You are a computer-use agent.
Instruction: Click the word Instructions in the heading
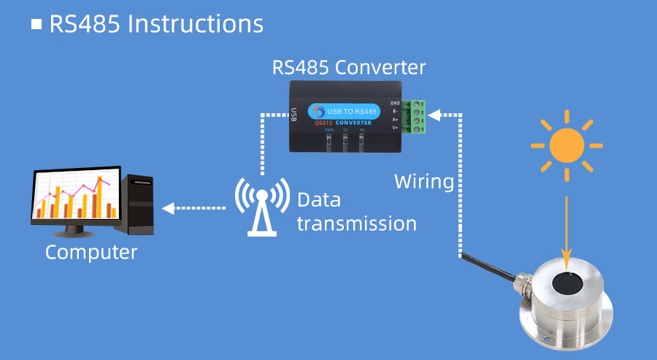coord(195,23)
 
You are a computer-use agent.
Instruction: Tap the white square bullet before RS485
coord(36,24)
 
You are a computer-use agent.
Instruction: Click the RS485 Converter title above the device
coord(348,68)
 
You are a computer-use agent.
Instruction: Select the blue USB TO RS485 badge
coord(343,111)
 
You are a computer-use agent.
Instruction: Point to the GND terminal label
coord(395,103)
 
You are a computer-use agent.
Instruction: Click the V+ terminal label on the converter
coord(395,128)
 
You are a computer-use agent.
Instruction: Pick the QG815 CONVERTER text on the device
coord(343,123)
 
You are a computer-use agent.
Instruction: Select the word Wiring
coord(424,181)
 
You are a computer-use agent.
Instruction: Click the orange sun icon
coord(566,145)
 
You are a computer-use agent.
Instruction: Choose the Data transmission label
coord(356,212)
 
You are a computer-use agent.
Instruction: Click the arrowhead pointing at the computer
coord(168,208)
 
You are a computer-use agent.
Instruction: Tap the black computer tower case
coord(138,204)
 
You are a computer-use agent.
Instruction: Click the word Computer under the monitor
coord(91,253)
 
